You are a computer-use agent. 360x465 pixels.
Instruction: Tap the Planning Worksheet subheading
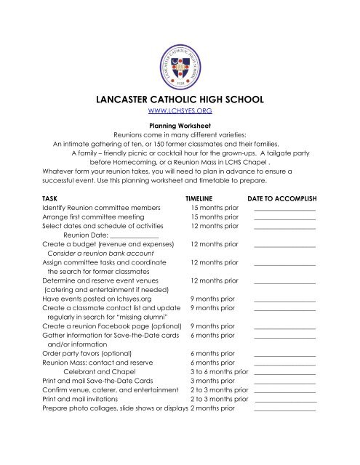[179, 124]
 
